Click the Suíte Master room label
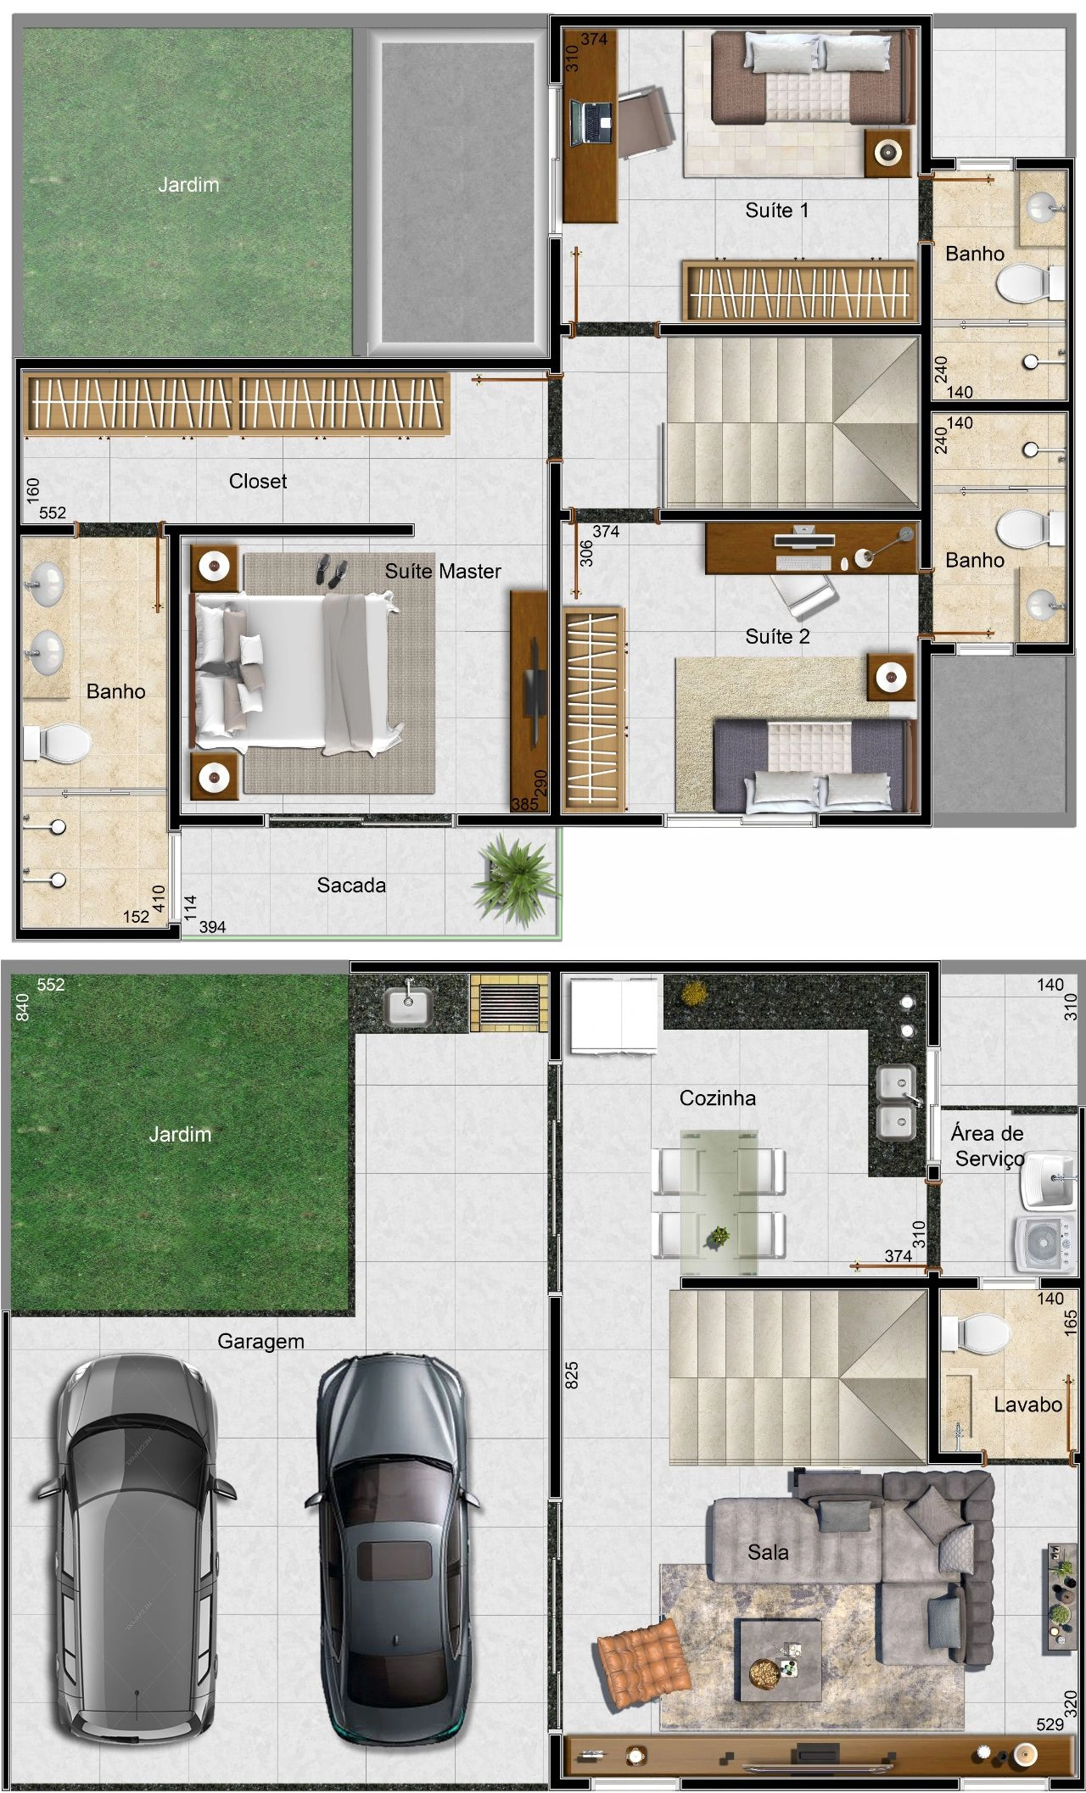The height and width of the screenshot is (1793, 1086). (443, 571)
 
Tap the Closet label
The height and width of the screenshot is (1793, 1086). (258, 481)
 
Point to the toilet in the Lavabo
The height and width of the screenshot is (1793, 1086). (977, 1332)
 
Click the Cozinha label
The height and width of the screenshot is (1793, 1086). (718, 1098)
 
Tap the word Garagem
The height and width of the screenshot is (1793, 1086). (260, 1341)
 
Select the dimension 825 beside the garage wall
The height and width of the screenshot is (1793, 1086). (572, 1375)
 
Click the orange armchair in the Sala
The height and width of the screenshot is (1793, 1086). (642, 1664)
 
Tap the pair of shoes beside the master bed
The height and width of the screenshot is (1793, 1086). (330, 569)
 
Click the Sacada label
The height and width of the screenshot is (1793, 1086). (351, 885)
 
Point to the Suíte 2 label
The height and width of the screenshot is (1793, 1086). (777, 636)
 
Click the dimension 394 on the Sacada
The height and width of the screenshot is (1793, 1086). (212, 927)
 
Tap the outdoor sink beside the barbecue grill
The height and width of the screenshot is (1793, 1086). (407, 1005)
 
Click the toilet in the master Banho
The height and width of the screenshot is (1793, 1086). (58, 744)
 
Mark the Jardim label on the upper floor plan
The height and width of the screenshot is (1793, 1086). (188, 184)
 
